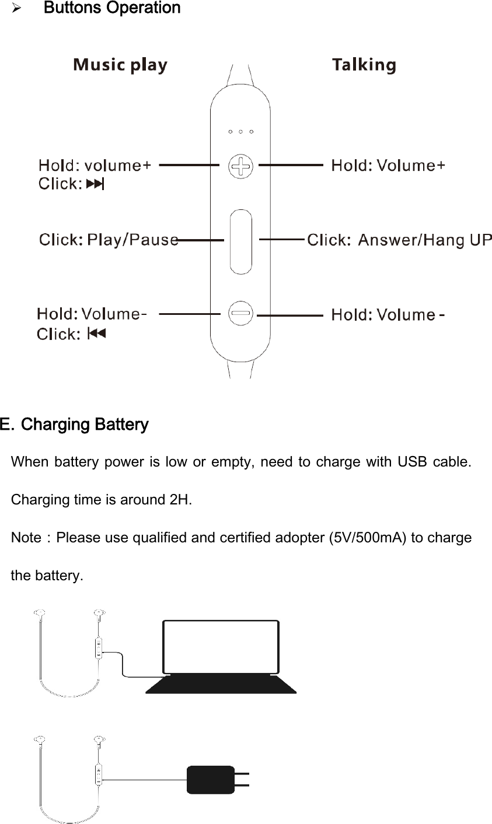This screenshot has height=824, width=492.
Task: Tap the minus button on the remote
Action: pos(240,313)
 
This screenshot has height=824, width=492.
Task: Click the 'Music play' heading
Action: pos(120,65)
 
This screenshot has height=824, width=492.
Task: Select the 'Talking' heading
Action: pos(364,65)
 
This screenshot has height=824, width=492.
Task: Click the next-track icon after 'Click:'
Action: pos(95,185)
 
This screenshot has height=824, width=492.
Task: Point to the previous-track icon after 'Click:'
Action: pos(96,334)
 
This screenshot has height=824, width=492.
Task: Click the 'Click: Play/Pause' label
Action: pos(108,240)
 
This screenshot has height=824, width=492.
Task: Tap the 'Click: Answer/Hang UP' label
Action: pos(399,240)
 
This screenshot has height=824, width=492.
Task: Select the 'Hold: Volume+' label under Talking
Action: pos(388,166)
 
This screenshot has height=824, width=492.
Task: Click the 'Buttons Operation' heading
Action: pos(112,8)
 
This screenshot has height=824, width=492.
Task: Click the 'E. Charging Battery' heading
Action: pos(75,424)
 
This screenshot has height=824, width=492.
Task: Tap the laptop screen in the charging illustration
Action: pos(221,646)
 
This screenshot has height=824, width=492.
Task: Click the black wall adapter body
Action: pos(210,780)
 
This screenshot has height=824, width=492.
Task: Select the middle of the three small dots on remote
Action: pos(240,132)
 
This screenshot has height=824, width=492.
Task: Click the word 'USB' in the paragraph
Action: pos(414,462)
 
